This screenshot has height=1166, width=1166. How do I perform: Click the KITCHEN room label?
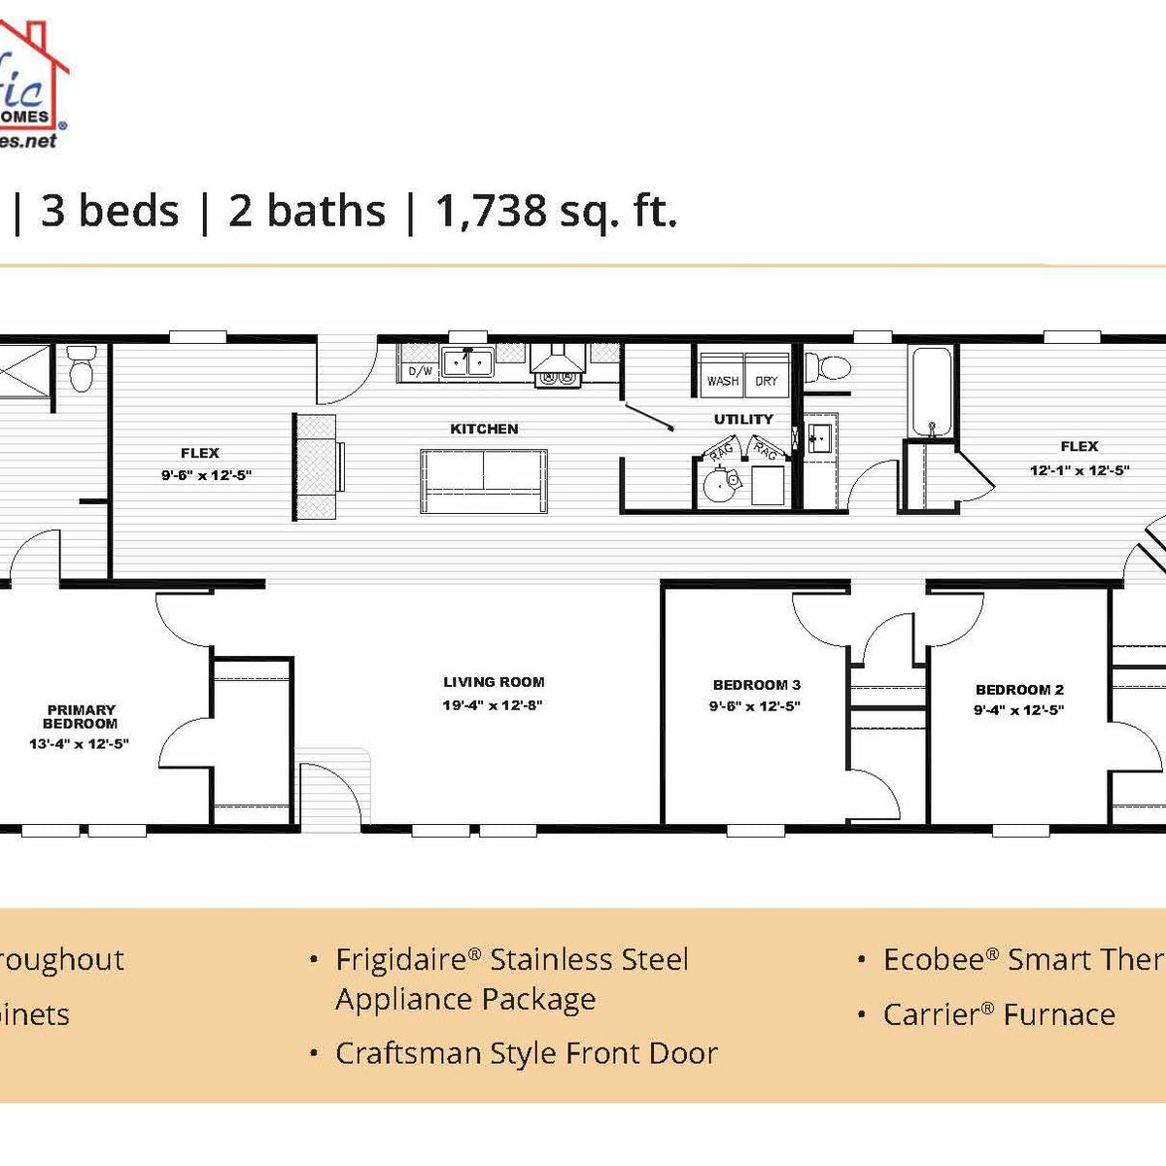tap(484, 429)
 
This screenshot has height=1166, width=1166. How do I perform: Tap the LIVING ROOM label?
tap(494, 682)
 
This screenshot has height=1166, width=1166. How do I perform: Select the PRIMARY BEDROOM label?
tap(81, 716)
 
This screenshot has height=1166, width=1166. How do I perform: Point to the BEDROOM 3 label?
tap(757, 685)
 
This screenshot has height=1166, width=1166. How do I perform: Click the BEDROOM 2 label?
tap(1019, 690)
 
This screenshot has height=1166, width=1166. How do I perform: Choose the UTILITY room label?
tap(743, 420)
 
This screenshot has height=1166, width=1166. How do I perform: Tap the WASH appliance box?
tap(723, 381)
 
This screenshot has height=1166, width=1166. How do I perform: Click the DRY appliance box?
tap(767, 381)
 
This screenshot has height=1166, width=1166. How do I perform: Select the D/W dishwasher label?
tap(420, 371)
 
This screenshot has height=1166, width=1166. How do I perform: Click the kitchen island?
tap(484, 481)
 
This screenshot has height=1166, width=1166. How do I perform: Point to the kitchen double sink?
tap(466, 362)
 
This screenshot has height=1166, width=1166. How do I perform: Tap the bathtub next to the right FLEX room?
tap(932, 391)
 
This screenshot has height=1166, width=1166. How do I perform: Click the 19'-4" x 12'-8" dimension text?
tap(492, 705)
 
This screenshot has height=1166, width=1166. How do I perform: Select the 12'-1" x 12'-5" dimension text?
tap(1080, 470)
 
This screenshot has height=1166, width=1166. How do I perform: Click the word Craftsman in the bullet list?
tap(398, 1053)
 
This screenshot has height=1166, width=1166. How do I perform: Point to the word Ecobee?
tap(933, 960)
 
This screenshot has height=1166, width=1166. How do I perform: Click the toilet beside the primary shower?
tap(82, 368)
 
